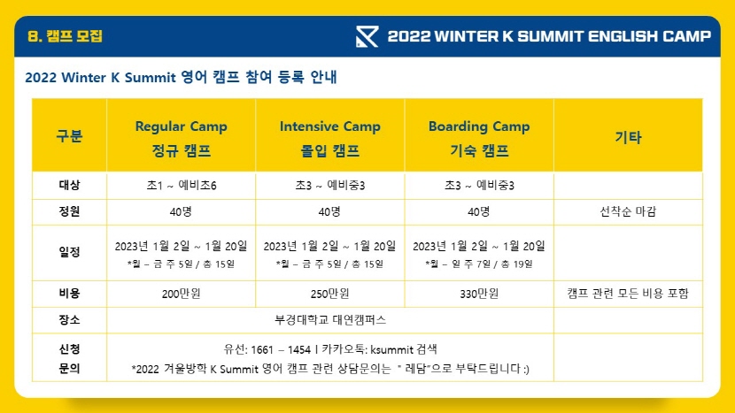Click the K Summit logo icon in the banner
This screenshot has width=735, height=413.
[x=367, y=36]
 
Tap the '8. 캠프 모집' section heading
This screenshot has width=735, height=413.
[x=65, y=36]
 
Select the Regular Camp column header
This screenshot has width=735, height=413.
[x=181, y=138]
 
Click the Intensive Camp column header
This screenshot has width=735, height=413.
[x=330, y=138]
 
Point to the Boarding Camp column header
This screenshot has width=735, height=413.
[x=479, y=138]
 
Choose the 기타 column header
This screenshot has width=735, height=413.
[x=628, y=137]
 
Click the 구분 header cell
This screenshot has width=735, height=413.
[x=69, y=136]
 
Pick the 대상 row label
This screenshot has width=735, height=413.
[x=69, y=185]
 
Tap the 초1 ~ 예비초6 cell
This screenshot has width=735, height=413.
[x=181, y=186]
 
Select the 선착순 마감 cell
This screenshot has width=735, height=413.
[x=628, y=211]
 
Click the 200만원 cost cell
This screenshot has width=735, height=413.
[x=181, y=294]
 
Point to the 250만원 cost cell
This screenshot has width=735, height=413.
[x=330, y=294]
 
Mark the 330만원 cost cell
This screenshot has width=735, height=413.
[x=479, y=294]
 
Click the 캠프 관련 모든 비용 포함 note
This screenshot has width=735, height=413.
[x=628, y=294]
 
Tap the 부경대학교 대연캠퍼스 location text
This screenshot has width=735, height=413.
[x=330, y=320]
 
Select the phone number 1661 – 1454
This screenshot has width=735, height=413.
[x=281, y=350]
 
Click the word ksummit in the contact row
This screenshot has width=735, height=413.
[x=392, y=350]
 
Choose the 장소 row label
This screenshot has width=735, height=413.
[x=69, y=320]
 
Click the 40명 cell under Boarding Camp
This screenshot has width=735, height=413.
[x=479, y=211]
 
